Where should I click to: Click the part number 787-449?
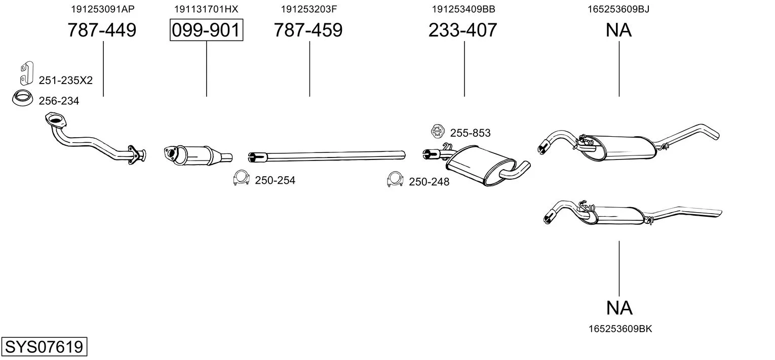point(102,30)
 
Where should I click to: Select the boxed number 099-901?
point(206,30)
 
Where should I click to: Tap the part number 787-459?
point(308,30)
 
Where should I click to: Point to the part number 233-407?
point(463,30)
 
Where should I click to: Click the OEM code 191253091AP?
point(103,9)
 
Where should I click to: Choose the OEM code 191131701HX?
point(206,9)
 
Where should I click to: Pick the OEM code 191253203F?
point(308,9)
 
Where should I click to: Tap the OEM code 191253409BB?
point(463,9)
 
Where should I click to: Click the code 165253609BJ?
point(618,9)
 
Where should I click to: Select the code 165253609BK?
point(621,329)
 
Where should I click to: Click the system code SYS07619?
point(44,347)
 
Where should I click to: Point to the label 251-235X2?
point(66,81)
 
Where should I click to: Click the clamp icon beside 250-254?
point(242,178)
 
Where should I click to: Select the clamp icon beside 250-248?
point(395,179)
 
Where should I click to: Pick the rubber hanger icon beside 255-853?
point(438,132)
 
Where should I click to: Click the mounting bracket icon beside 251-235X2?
point(27,73)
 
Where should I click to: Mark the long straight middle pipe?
point(327,156)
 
